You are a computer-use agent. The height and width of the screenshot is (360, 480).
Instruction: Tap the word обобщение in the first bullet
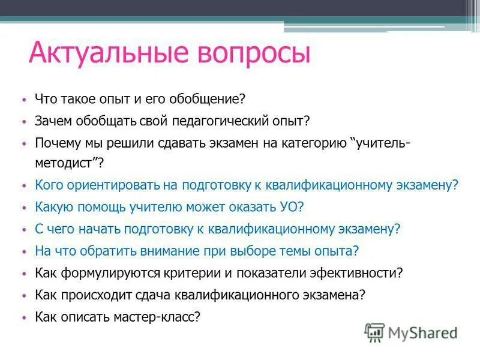207,98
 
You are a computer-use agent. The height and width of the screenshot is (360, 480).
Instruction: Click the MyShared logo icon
375,332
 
